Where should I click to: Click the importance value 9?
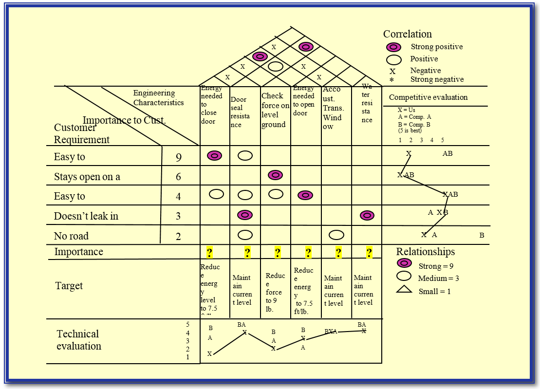(179, 157)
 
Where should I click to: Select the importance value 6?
(178, 177)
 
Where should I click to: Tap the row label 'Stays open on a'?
(87, 177)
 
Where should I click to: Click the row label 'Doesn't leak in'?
(86, 216)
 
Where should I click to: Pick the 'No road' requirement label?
(71, 236)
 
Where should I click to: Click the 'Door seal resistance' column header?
(240, 112)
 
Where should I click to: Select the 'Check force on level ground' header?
(275, 110)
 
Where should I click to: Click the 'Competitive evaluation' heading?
(428, 97)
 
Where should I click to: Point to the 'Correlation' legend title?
(407, 34)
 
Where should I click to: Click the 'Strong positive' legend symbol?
(393, 47)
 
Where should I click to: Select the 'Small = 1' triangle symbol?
(405, 291)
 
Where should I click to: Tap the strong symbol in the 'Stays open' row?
(275, 175)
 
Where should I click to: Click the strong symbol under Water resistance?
(367, 215)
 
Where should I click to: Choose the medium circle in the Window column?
(336, 235)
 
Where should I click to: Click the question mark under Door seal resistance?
(247, 252)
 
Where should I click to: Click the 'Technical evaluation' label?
(78, 340)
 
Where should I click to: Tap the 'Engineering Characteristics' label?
(158, 98)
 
